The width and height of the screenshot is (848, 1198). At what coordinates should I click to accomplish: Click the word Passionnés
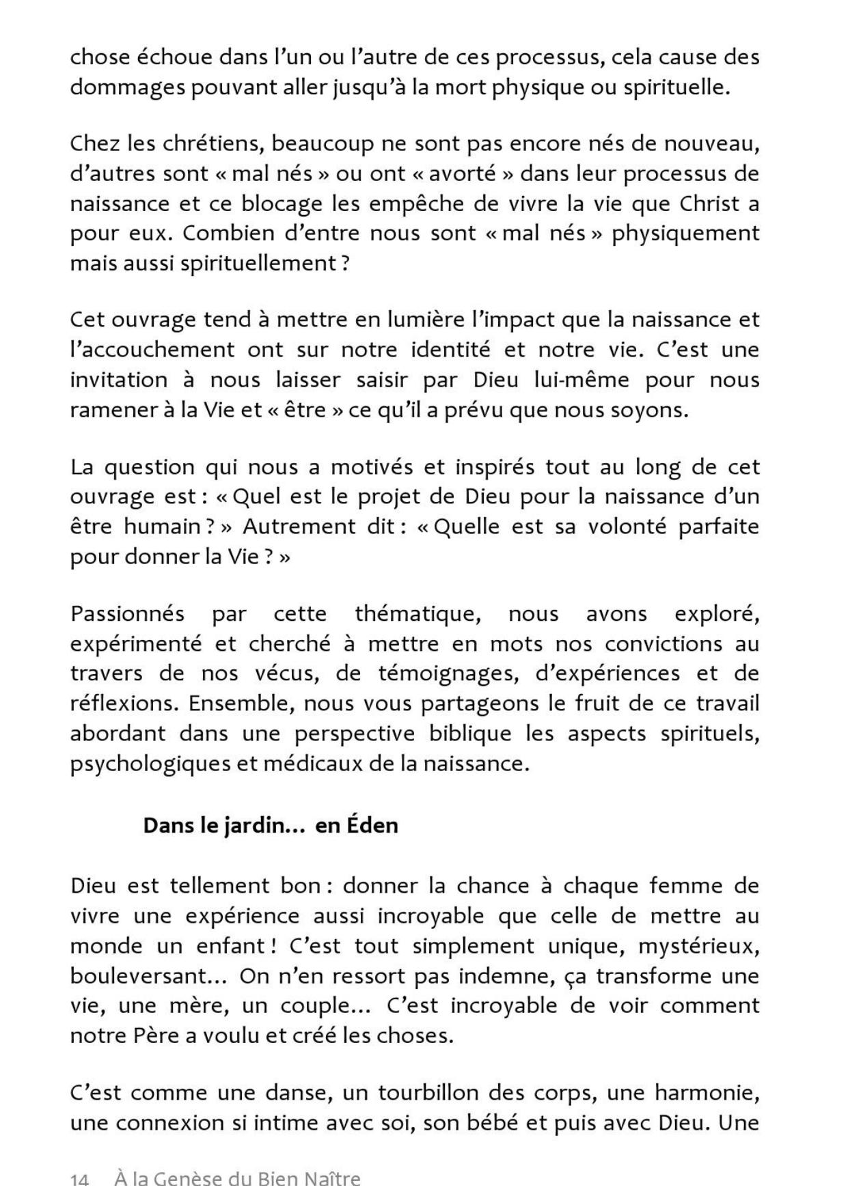(127, 613)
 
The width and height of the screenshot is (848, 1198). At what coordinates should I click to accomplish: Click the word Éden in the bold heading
(372, 826)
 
